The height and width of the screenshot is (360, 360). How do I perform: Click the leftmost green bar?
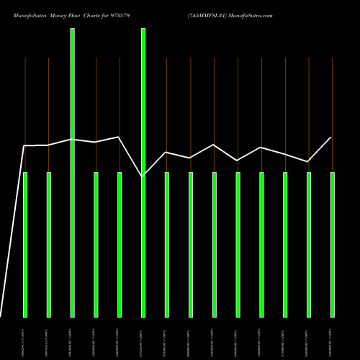pyautogui.click(x=25, y=245)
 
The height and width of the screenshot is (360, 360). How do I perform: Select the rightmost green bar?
pyautogui.click(x=332, y=245)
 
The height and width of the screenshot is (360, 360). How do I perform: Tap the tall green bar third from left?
pyautogui.click(x=72, y=173)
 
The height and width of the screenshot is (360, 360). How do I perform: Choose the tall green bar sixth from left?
pyautogui.click(x=143, y=173)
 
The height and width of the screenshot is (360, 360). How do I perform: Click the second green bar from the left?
pyautogui.click(x=49, y=245)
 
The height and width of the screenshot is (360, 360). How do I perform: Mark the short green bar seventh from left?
pyautogui.click(x=167, y=245)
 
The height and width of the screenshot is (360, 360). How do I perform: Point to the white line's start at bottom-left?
pyautogui.click(x=1, y=316)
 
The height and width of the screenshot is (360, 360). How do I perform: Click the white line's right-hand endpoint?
pyautogui.click(x=331, y=137)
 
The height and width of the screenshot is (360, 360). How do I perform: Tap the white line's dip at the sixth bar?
pyautogui.click(x=143, y=176)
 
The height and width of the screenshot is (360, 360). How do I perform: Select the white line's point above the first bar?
pyautogui.click(x=25, y=146)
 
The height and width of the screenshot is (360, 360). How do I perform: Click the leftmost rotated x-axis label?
pyautogui.click(x=25, y=338)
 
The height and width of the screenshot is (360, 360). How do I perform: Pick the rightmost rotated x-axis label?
pyautogui.click(x=332, y=338)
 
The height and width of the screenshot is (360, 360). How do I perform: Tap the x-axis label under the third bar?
pyautogui.click(x=72, y=338)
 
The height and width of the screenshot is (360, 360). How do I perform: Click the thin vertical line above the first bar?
pyautogui.click(x=25, y=101)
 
